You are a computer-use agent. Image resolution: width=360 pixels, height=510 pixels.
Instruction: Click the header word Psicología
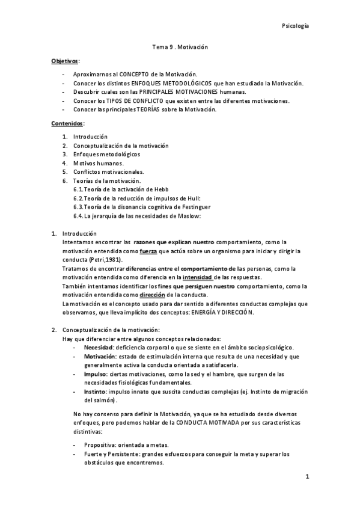coord(295,26)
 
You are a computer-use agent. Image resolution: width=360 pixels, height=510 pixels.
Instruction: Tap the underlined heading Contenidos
coord(66,123)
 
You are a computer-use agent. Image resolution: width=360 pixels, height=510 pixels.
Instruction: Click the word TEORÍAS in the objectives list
coord(153,109)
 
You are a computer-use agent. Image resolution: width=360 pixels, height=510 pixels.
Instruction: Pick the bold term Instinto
coord(96,392)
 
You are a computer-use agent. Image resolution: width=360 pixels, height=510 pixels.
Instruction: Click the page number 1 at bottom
coord(307,478)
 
